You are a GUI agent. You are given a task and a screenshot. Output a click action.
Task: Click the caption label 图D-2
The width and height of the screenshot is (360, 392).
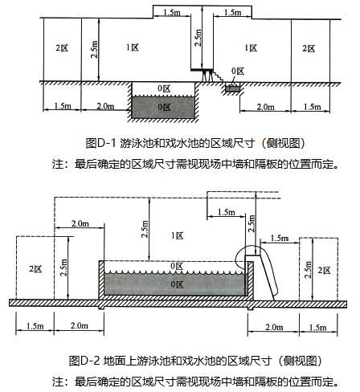tap(84, 361)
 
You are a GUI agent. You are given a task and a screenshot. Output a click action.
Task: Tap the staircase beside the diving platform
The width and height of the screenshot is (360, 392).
tap(218, 76)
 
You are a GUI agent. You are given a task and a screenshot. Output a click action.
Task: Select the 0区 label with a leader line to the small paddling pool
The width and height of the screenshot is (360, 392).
tap(238, 71)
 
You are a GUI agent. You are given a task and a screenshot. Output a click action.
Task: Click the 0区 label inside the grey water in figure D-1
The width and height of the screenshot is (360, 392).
tap(164, 108)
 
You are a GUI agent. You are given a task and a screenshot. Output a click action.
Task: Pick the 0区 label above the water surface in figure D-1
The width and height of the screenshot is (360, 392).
tap(164, 88)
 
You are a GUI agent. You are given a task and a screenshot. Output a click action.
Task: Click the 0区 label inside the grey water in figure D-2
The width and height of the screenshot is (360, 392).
tap(177, 284)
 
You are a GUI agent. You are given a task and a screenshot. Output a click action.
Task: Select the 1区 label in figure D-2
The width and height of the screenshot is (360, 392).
tap(178, 235)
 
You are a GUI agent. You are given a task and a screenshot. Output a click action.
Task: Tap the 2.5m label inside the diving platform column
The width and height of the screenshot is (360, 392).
tap(198, 38)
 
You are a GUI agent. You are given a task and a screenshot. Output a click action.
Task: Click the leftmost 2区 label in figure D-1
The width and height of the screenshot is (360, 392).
tap(62, 48)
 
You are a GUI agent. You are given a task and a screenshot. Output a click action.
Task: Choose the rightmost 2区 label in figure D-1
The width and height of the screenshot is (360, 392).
tap(309, 49)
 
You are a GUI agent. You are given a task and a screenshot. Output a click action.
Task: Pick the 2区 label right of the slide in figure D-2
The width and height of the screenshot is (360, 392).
tap(325, 271)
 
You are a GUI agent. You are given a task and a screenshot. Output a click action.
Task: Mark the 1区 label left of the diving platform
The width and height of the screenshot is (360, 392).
tap(133, 47)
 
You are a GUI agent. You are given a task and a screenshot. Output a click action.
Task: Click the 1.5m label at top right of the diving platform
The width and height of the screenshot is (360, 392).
tap(232, 12)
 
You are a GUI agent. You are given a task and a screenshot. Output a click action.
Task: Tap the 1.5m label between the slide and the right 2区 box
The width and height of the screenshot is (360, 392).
tap(280, 238)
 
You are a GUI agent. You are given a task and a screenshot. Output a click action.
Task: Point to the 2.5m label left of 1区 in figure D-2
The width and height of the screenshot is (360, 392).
tap(145, 229)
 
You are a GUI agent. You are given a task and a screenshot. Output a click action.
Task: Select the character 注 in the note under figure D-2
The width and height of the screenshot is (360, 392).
tap(58, 382)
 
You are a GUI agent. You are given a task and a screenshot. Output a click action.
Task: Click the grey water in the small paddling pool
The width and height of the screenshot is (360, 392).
tap(232, 88)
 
